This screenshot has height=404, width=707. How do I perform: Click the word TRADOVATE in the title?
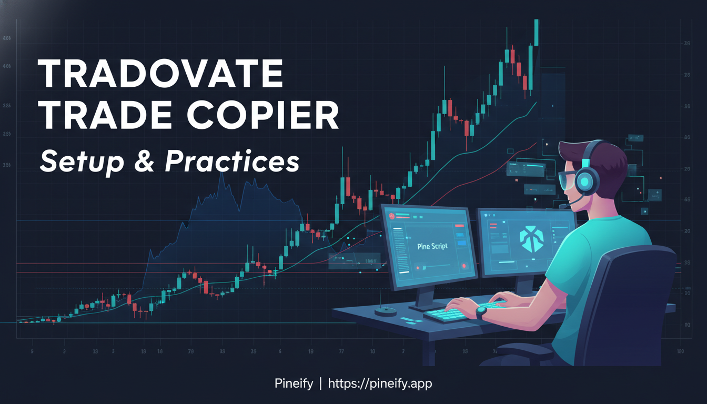click(x=161, y=75)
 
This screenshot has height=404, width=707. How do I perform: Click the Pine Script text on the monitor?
click(x=432, y=246)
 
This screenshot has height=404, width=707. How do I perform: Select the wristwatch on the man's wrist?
click(x=481, y=312)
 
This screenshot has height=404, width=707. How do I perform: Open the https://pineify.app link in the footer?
click(x=380, y=383)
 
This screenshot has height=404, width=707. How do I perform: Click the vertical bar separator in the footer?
click(x=320, y=383)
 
